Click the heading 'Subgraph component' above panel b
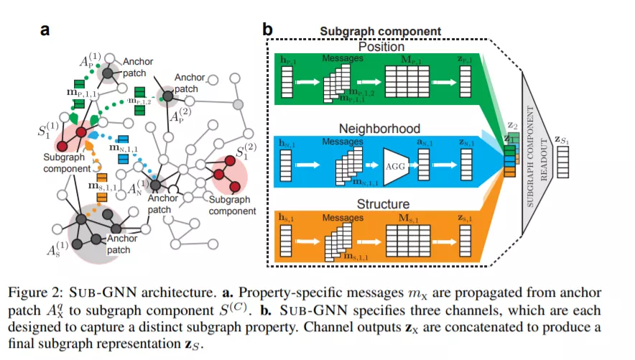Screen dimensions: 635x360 point(380,31)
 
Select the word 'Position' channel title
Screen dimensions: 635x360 point(381,47)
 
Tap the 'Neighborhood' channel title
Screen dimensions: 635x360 point(379,129)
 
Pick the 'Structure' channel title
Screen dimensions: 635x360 point(383,203)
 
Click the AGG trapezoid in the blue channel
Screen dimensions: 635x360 point(396,167)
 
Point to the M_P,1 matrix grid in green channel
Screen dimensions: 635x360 point(407,81)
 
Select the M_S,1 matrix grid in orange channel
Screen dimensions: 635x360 point(408,241)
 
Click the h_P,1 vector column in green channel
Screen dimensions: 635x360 point(287,82)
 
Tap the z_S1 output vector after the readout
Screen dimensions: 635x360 point(562,162)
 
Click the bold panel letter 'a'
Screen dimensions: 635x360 point(45,30)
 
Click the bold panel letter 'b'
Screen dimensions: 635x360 point(268,29)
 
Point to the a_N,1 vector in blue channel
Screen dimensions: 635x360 point(424,165)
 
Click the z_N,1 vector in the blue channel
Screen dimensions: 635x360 point(466,165)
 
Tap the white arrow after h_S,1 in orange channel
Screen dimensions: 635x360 point(307,241)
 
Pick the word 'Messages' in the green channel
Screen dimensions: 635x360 point(343,58)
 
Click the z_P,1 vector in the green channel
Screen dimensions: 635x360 point(465,81)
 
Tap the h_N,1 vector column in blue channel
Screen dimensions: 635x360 point(285,165)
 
